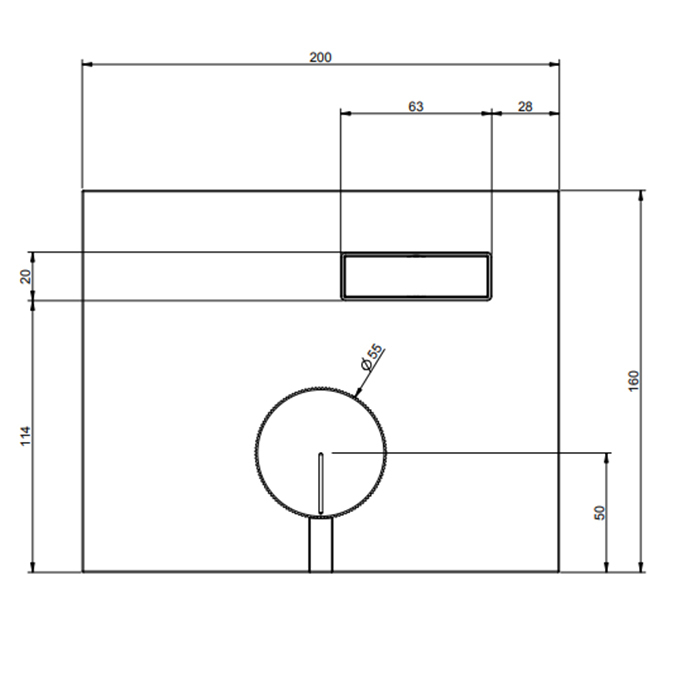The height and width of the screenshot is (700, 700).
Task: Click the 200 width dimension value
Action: tap(321, 57)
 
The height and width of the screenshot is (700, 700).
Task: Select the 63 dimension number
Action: tap(416, 106)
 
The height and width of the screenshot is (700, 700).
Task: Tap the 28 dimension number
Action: tap(525, 106)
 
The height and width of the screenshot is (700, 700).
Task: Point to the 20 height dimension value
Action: tap(26, 276)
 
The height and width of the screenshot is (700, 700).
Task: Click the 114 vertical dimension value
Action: tap(26, 436)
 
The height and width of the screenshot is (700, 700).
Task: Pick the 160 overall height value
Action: tap(633, 381)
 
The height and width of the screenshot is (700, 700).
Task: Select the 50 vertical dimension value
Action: tap(600, 512)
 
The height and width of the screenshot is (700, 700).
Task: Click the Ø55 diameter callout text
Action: tap(372, 357)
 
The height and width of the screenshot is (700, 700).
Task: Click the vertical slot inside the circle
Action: tap(321, 483)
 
